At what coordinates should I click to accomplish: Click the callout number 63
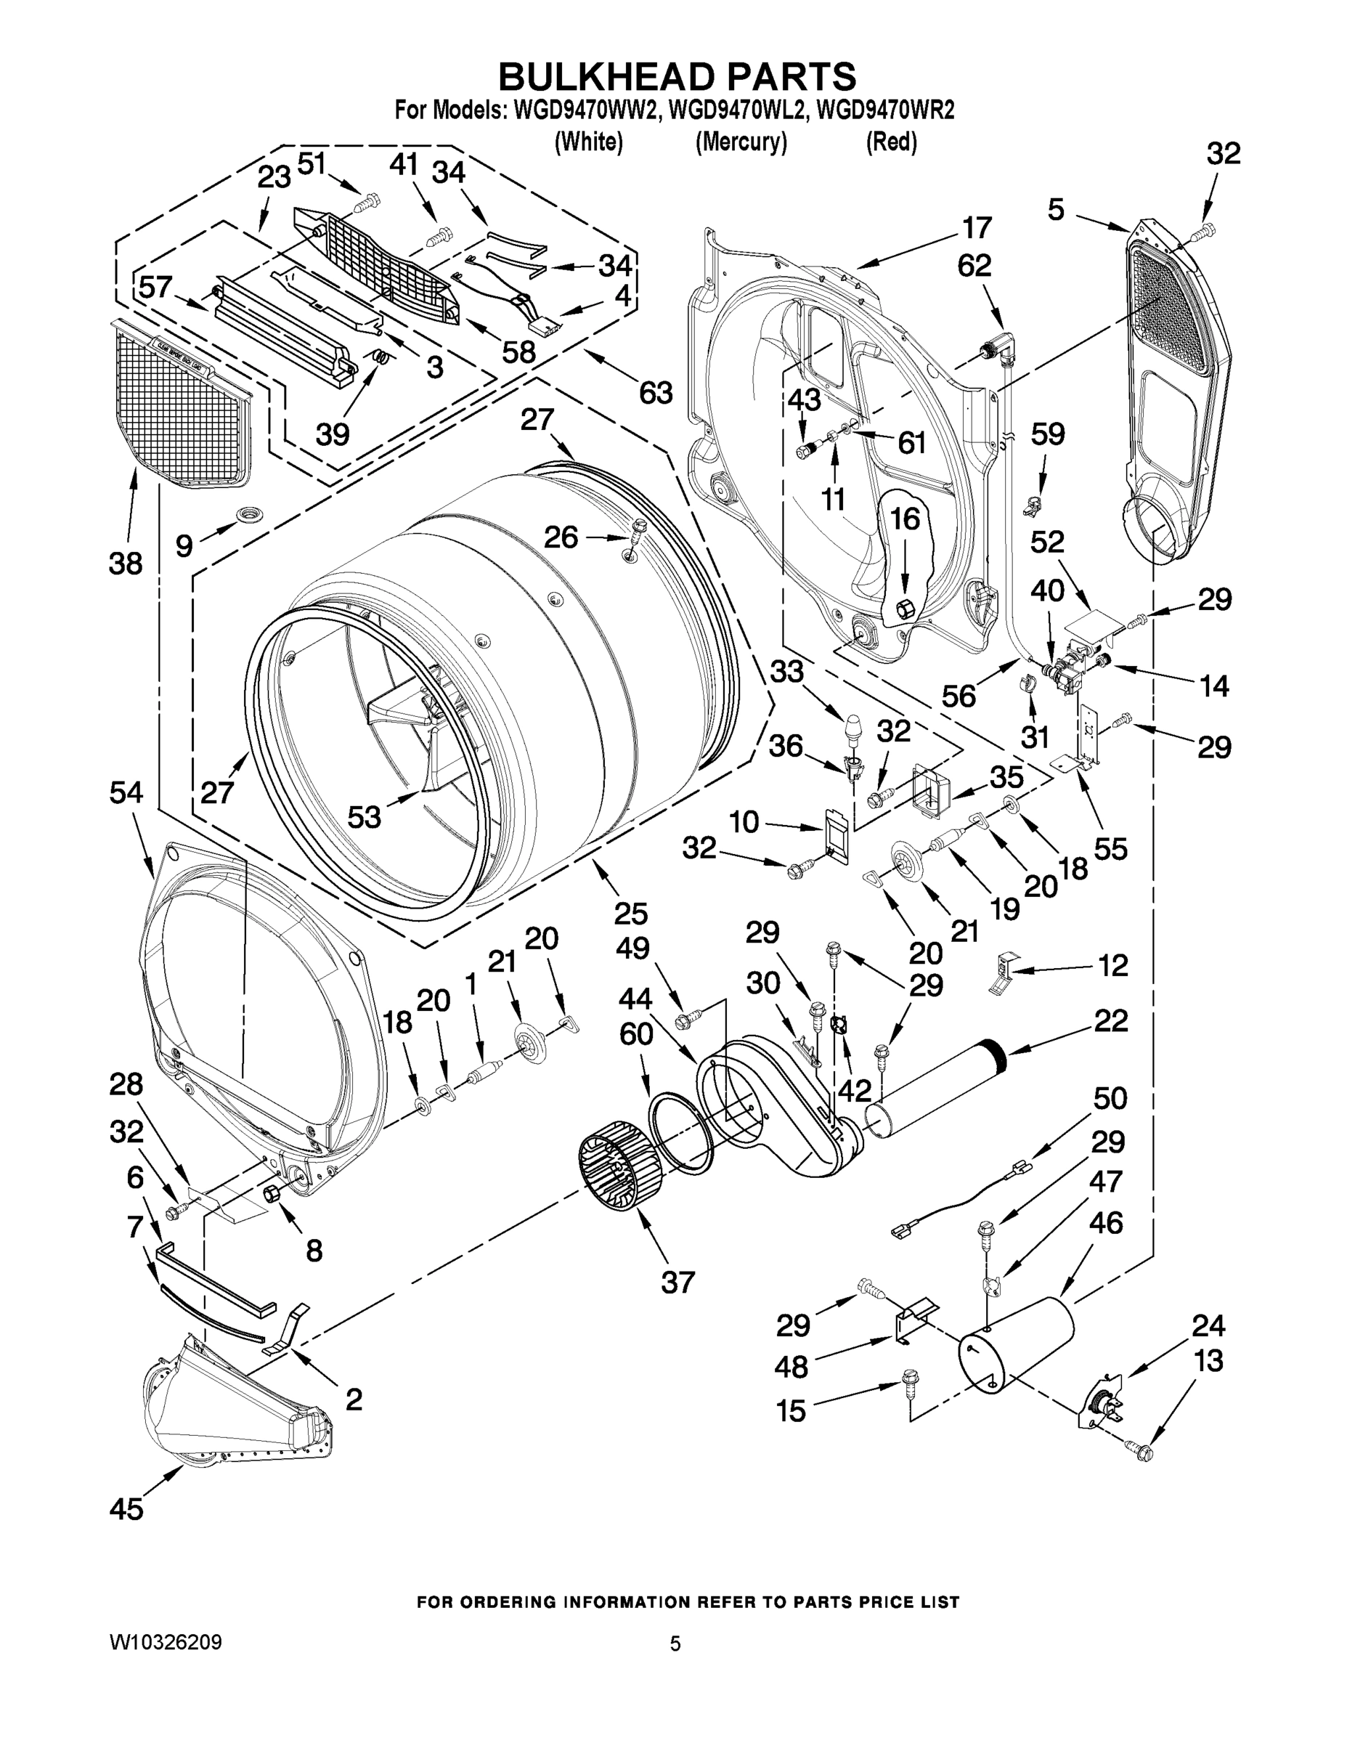(655, 393)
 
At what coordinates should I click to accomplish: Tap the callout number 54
(127, 792)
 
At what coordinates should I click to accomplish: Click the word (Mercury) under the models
(741, 142)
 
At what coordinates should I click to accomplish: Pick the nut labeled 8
(271, 1193)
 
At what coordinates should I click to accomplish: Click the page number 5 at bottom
(675, 1644)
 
